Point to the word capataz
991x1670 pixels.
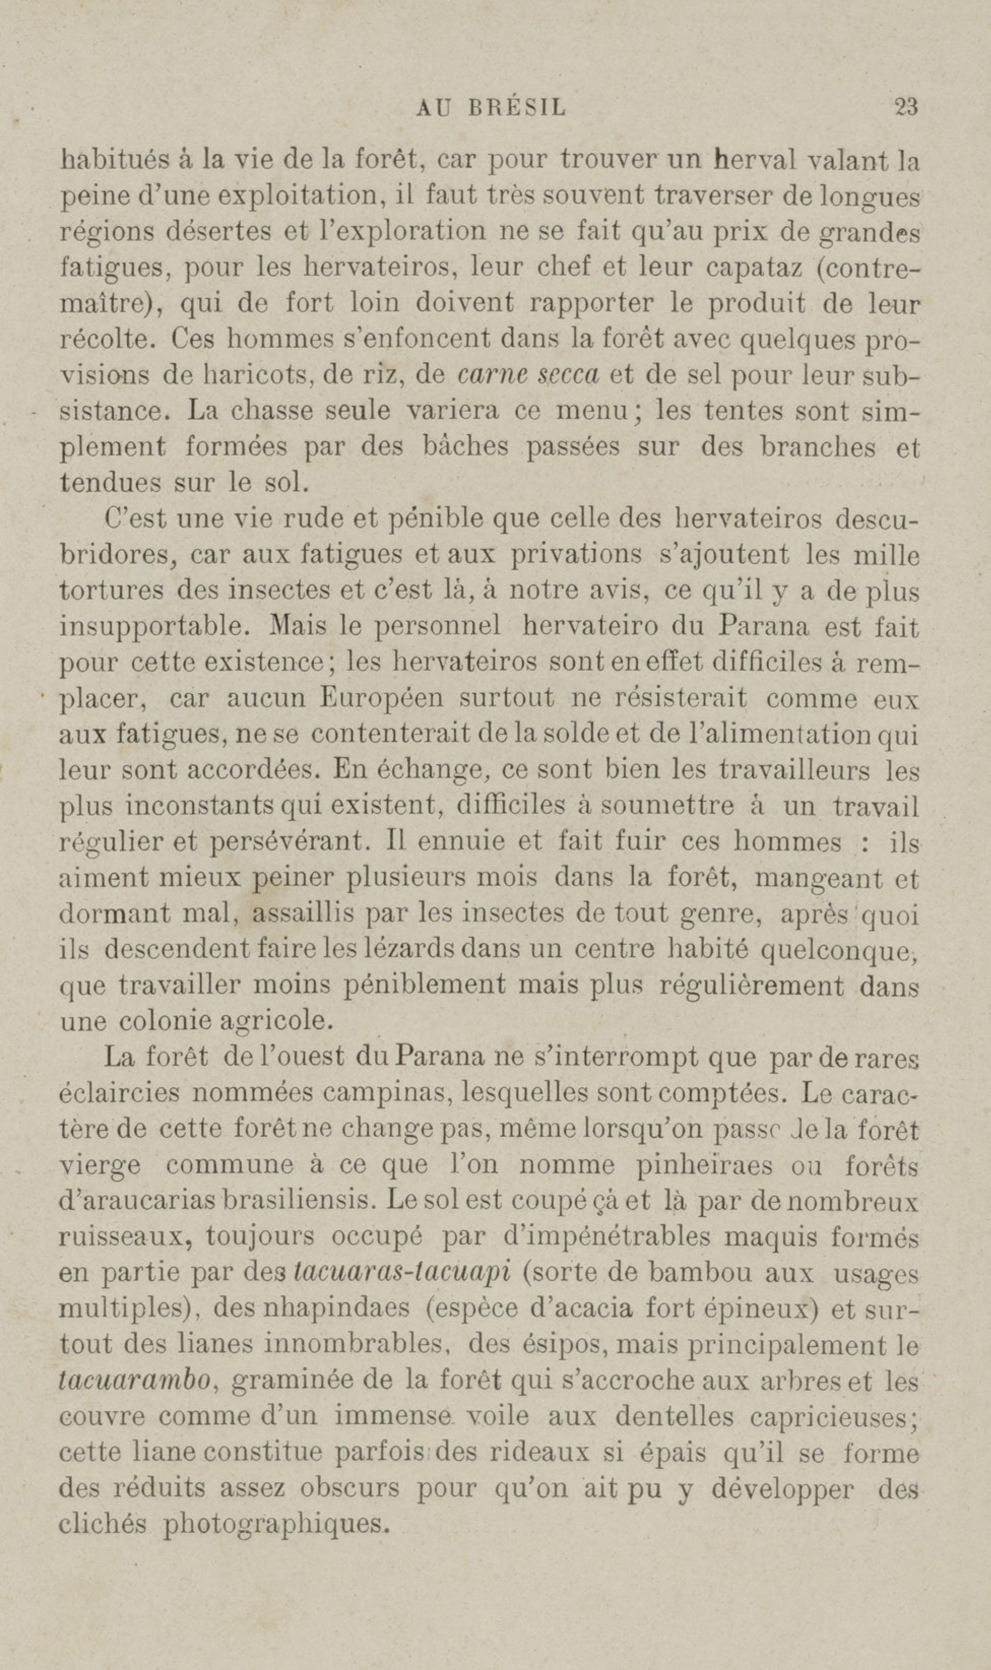[x=755, y=268]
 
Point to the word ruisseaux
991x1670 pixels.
[x=125, y=1237]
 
